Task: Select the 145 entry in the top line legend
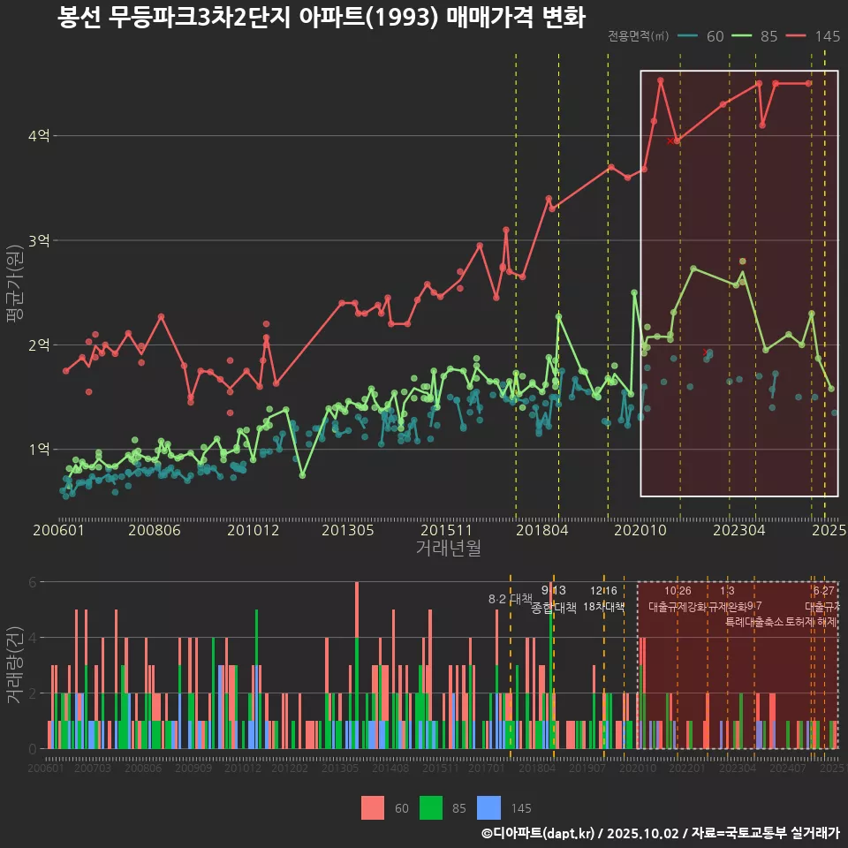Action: point(817,36)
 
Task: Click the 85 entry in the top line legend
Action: point(759,36)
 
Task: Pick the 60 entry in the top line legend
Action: point(706,36)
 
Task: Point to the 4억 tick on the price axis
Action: point(39,136)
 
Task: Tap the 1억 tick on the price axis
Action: point(39,449)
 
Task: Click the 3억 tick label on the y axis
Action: point(39,240)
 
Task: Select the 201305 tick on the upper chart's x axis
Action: point(347,531)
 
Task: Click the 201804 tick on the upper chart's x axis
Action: point(541,531)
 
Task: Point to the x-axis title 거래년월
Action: point(448,549)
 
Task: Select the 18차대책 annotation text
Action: point(604,607)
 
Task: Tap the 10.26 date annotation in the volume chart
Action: point(678,591)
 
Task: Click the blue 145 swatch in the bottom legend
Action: point(488,807)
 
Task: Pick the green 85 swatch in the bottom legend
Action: point(430,807)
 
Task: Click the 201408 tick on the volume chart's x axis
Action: point(390,769)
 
